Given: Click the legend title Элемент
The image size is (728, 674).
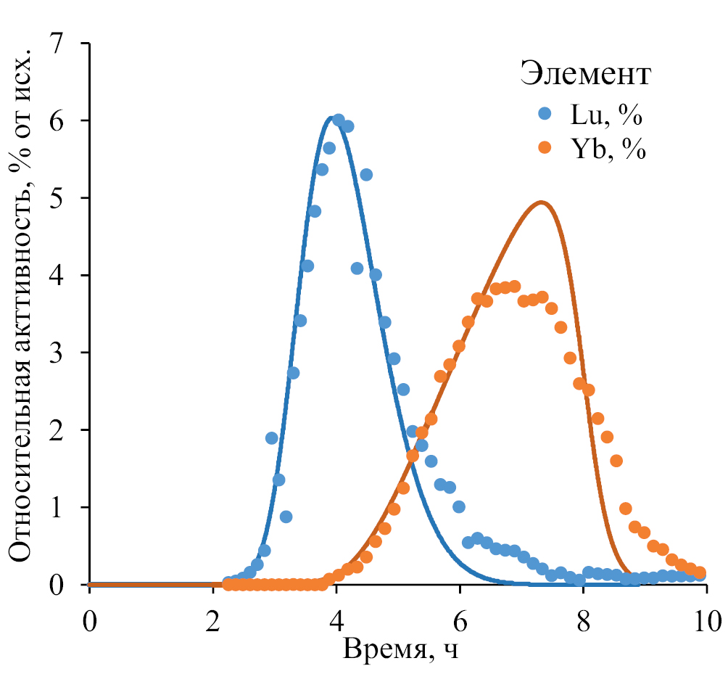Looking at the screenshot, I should pyautogui.click(x=585, y=74).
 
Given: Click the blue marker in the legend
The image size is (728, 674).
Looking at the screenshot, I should pyautogui.click(x=545, y=114).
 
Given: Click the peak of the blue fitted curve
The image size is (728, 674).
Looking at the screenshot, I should pyautogui.click(x=332, y=118).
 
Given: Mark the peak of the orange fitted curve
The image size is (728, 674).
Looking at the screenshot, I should pyautogui.click(x=541, y=202).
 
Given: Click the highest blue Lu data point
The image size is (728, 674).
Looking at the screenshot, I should pyautogui.click(x=338, y=120).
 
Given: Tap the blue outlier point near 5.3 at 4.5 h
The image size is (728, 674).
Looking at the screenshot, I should pyautogui.click(x=366, y=174).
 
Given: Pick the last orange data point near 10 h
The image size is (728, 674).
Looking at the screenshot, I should pyautogui.click(x=700, y=572).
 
